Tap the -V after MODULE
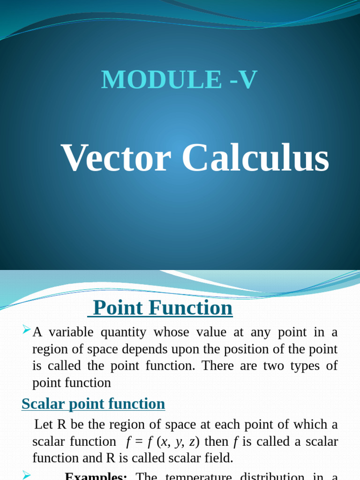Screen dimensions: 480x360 pos(243,79)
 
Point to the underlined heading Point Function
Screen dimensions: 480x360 pos(162,308)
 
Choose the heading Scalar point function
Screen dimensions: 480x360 pos(93,404)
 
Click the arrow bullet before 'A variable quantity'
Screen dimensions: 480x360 pos(26,331)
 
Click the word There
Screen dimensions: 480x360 pos(218,366)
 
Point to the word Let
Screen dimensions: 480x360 pos(44,425)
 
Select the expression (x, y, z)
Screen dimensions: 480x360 pos(177,442)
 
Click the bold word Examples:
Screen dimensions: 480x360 pos(96,476)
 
